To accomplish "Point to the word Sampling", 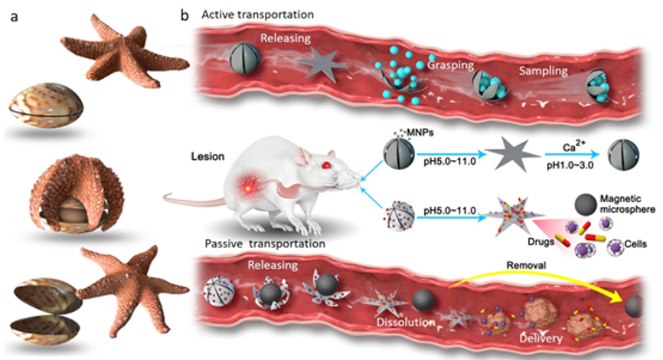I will click(x=543, y=70).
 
